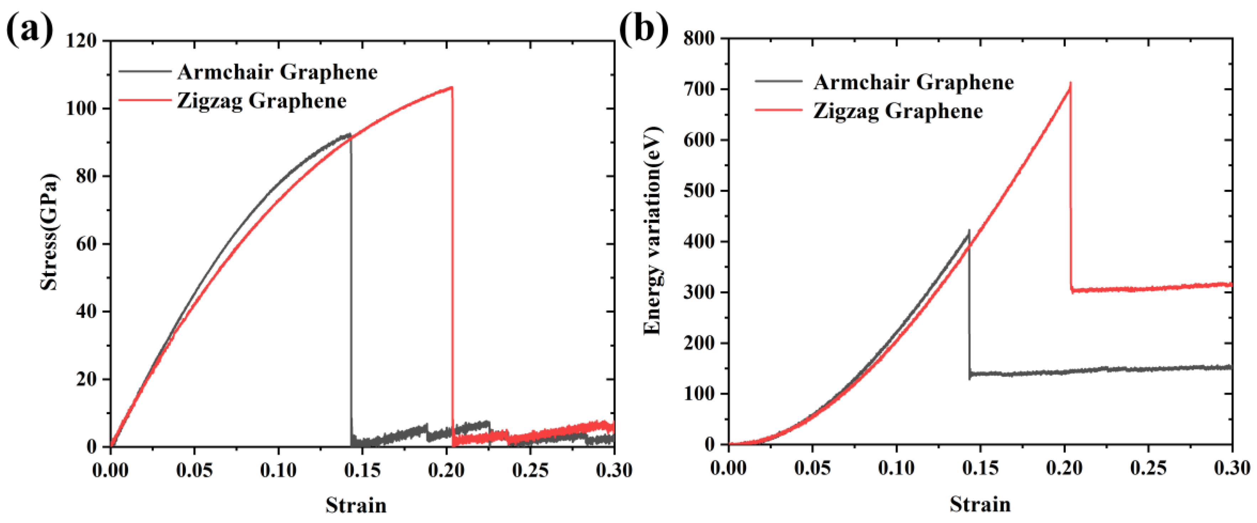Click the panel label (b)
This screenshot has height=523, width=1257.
pos(643,29)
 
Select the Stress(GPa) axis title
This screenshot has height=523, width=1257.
pos(49,231)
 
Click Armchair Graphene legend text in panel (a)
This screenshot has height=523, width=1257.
pos(277,72)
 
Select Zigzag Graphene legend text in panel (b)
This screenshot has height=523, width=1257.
pos(898,111)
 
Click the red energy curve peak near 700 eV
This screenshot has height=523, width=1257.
pos(1070,84)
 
